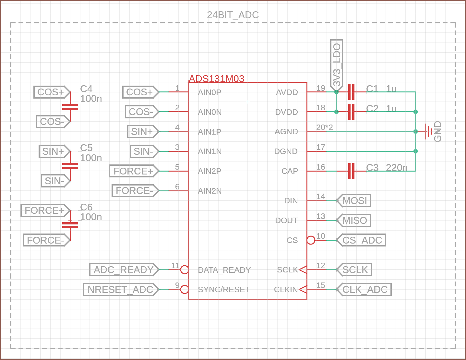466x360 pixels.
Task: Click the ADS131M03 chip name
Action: (216, 78)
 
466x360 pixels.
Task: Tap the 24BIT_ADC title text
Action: (233, 15)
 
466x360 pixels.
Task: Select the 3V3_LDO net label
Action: (337, 65)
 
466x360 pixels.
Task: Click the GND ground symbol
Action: (429, 131)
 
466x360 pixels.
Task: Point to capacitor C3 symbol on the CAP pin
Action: (351, 171)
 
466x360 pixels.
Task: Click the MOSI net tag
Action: (354, 201)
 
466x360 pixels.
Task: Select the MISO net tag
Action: (354, 221)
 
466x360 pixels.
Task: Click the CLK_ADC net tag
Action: (364, 290)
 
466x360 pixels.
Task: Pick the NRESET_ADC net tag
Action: (121, 290)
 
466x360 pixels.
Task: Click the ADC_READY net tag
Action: (124, 270)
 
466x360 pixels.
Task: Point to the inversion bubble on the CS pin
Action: (311, 240)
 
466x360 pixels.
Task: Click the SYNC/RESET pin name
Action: (224, 290)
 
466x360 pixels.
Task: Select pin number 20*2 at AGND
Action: (324, 127)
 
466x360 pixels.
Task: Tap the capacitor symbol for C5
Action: (70, 166)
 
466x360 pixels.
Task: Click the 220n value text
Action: (397, 168)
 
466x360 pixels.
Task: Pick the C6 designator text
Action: (86, 207)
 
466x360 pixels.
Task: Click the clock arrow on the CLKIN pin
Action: (303, 289)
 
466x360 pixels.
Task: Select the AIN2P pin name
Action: (209, 171)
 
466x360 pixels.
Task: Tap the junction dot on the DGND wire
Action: (415, 151)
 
